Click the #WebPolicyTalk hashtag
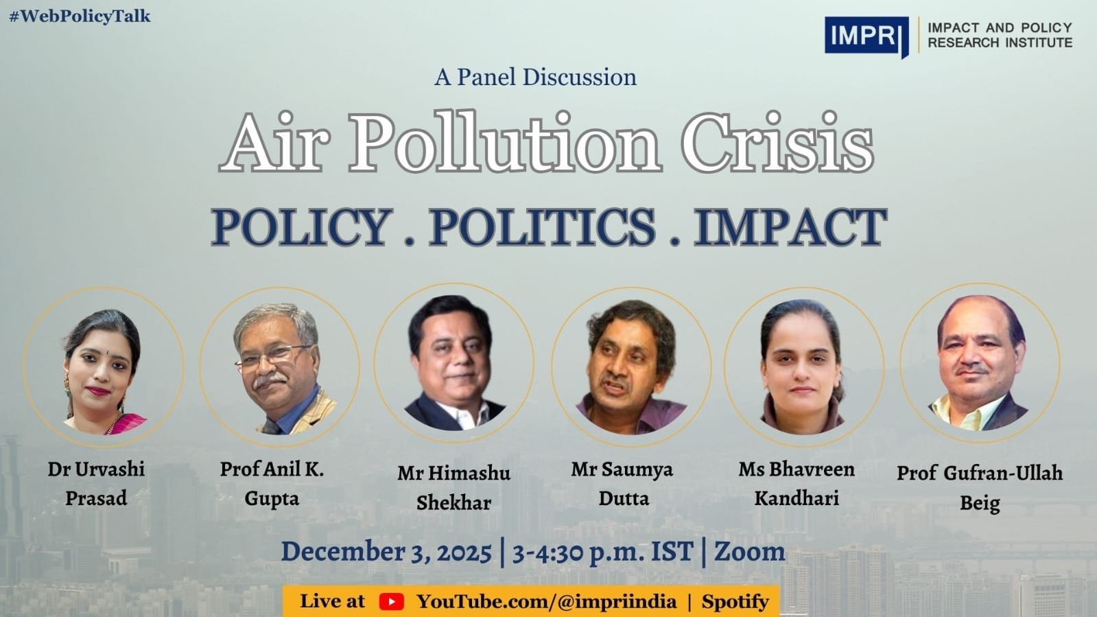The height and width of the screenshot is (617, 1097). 80,16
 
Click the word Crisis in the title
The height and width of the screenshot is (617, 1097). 777,144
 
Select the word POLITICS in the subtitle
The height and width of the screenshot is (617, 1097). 542,228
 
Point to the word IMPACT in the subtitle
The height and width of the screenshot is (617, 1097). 790,228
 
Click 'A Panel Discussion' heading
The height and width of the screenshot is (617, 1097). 535,77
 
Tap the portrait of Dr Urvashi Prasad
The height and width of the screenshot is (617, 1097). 103,368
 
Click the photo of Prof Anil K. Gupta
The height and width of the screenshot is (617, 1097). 280,368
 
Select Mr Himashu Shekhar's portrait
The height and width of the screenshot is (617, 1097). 453,364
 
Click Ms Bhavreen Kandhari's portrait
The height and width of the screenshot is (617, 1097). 803,366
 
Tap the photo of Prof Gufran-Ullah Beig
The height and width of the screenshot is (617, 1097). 979,364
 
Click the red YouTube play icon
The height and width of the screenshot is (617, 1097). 391,602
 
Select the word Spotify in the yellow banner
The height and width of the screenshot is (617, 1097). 735,602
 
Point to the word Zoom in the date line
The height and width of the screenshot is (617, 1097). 750,552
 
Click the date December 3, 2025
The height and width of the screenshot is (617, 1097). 386,552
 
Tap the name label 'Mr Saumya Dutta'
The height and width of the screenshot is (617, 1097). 622,483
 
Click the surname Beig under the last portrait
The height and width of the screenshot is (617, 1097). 979,503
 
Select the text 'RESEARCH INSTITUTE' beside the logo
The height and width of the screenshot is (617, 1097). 1000,43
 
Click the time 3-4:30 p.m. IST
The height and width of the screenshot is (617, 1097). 602,552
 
